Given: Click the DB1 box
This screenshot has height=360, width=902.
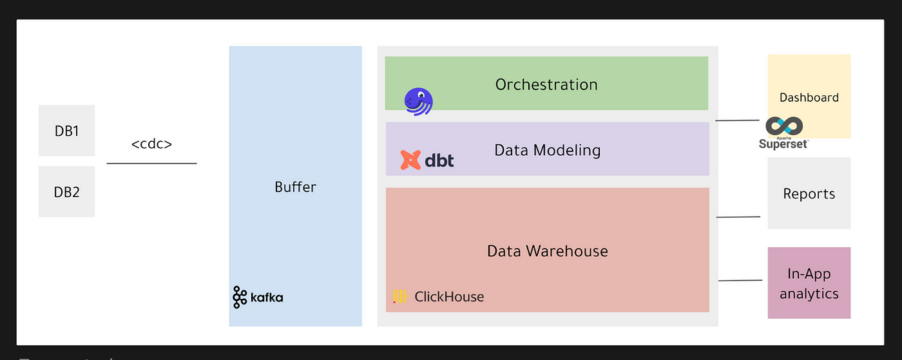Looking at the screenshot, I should (x=66, y=131).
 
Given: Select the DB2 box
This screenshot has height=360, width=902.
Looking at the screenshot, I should (x=66, y=192).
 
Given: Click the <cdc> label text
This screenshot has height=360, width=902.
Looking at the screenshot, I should (x=151, y=144).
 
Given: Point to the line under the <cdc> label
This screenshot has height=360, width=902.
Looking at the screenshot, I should (x=151, y=164).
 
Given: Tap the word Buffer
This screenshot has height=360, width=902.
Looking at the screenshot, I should (x=295, y=187).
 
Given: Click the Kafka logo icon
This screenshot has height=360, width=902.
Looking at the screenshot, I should (x=240, y=297).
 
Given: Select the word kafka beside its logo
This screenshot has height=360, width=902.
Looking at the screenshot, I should (x=267, y=298).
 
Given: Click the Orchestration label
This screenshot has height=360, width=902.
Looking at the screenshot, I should (x=546, y=84).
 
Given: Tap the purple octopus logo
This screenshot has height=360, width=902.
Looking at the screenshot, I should (x=418, y=102).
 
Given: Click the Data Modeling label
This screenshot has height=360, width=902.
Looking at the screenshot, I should (x=547, y=150).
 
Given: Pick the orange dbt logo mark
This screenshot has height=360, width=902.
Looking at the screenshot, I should (x=410, y=160).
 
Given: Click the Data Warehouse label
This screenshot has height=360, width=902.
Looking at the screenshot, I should (x=547, y=251).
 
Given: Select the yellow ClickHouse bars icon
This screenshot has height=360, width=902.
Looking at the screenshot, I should (x=400, y=296).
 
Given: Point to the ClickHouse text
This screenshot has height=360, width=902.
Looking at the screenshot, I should (x=449, y=297).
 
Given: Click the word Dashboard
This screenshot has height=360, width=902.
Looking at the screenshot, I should (x=809, y=98).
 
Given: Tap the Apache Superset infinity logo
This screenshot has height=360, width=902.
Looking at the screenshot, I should (x=783, y=126).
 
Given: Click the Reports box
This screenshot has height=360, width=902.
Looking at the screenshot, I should (x=809, y=193).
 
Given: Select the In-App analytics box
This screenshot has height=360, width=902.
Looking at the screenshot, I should (x=809, y=283).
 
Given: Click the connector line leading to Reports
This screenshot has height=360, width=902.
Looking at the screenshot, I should (x=738, y=217).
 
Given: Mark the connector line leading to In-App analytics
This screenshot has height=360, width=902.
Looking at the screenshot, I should (x=740, y=280).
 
